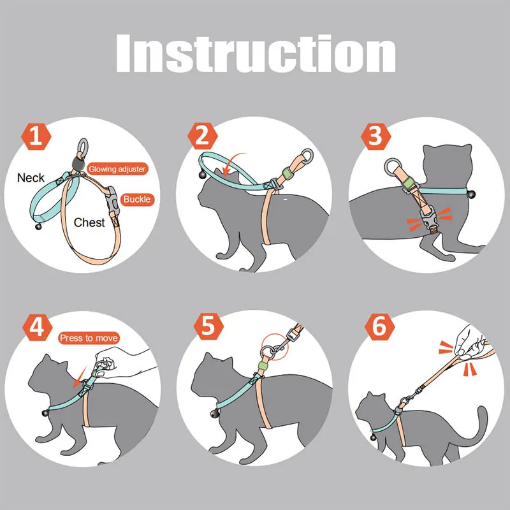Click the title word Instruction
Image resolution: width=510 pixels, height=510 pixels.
point(256,54)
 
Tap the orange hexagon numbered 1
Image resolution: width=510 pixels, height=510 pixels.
point(36,136)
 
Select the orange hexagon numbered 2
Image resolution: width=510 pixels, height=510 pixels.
point(202,136)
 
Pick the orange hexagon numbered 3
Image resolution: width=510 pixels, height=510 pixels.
point(375,136)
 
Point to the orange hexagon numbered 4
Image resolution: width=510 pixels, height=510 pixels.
point(37,327)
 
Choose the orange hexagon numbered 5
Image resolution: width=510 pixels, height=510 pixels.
point(208,326)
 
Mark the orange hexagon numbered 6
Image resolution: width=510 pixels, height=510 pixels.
point(379,327)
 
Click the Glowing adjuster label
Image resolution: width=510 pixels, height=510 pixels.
point(117,169)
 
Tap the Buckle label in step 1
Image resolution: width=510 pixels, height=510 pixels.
point(137,199)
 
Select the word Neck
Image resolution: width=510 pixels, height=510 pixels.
point(31,178)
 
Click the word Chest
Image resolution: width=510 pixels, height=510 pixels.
point(89,222)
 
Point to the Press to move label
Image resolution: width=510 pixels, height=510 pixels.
point(89,338)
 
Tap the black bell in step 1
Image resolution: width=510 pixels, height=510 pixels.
point(39,226)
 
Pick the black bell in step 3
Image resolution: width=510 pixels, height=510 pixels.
point(471,195)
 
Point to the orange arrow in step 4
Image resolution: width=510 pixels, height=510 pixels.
point(80,378)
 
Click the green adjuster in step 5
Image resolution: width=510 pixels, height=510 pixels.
point(263,365)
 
